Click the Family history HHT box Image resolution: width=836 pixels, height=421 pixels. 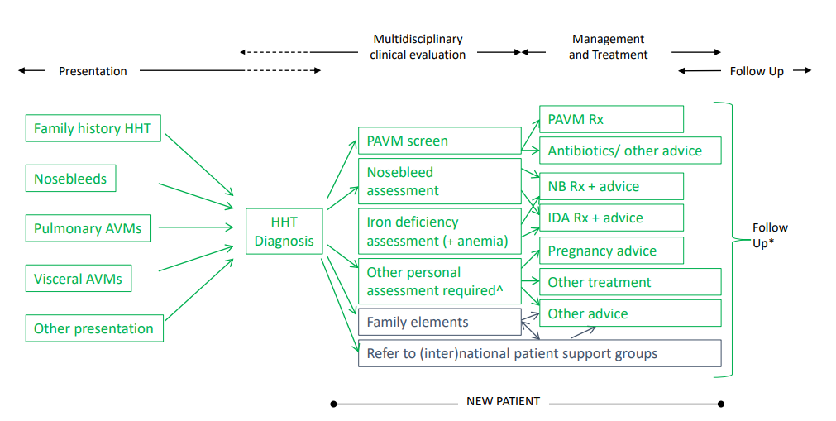[93, 128]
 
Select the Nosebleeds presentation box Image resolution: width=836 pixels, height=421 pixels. [70, 179]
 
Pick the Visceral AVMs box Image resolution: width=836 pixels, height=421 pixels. [78, 279]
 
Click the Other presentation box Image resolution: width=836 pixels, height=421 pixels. [93, 328]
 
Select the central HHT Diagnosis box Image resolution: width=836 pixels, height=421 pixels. [284, 232]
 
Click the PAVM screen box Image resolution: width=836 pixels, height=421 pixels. [439, 141]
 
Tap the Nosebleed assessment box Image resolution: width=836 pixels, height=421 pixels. [439, 181]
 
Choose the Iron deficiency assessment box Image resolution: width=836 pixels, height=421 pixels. [439, 232]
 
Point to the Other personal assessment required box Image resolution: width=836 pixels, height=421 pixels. [439, 281]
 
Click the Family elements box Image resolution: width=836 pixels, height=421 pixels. [439, 322]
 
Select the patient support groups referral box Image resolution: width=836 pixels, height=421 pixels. [539, 353]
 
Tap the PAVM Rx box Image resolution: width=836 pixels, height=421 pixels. [611, 119]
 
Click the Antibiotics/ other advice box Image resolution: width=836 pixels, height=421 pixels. [630, 151]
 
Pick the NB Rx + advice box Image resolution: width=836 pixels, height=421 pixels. [611, 186]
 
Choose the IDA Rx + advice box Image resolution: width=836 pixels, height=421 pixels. [611, 218]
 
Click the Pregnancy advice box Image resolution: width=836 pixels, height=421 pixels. [611, 251]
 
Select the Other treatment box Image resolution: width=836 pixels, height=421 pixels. [630, 282]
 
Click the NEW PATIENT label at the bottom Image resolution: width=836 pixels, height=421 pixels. [503, 402]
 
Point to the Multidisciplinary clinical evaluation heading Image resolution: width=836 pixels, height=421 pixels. [418, 47]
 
